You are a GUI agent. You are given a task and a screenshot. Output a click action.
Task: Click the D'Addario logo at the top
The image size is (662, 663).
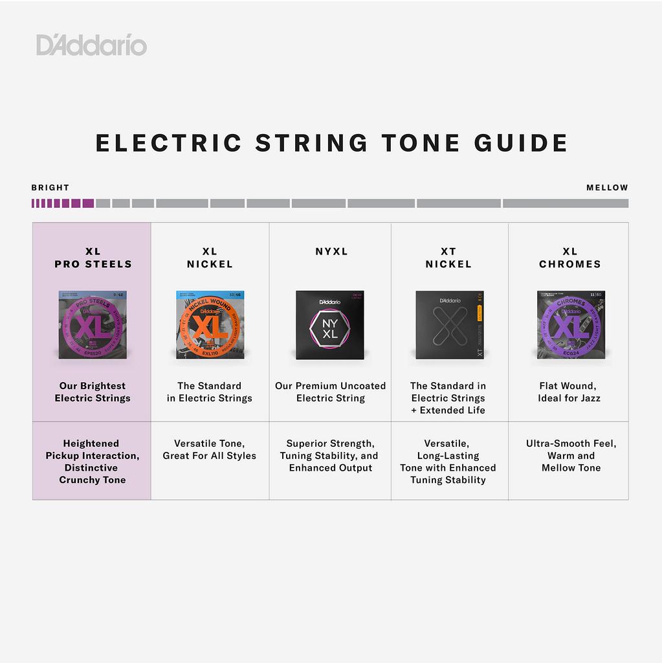91,45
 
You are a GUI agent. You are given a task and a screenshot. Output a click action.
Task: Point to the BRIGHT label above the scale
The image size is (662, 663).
50,188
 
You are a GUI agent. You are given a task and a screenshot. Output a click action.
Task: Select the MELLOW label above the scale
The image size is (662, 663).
607,188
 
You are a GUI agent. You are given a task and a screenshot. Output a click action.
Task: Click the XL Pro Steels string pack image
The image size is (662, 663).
93,324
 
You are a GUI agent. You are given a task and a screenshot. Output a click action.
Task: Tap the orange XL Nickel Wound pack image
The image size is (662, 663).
210,324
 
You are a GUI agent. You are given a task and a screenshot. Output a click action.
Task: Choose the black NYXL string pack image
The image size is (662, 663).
330,324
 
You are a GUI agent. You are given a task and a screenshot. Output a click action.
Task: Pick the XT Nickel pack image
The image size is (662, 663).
449,324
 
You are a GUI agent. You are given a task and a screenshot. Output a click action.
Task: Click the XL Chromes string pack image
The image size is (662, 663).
570,324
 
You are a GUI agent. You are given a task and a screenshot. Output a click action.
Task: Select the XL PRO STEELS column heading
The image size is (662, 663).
93,258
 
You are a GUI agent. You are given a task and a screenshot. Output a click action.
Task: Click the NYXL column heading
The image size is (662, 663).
331,251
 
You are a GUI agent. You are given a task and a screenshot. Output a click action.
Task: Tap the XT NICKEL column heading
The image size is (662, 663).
448,258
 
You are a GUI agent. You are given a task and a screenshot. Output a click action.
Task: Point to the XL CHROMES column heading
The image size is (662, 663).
570,258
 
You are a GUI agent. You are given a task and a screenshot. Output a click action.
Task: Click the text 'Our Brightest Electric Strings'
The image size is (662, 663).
93,392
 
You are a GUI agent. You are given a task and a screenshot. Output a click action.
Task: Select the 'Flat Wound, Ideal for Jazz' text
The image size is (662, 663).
569,392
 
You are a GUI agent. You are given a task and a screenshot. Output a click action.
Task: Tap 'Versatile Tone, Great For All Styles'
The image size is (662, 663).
209,449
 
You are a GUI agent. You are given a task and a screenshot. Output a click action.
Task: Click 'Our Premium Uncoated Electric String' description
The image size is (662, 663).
330,392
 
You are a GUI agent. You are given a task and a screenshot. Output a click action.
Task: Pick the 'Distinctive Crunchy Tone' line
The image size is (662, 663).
92,474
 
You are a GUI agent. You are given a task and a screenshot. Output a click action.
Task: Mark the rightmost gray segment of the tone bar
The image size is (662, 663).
565,203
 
